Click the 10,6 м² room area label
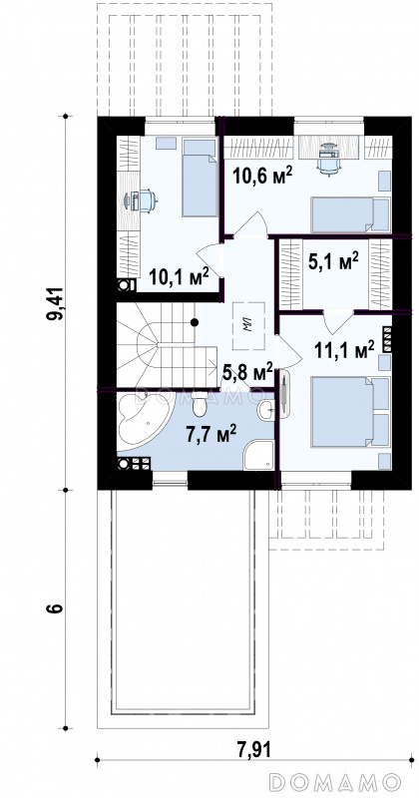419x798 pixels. pos(262,176)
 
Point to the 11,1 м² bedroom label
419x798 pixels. pos(344,350)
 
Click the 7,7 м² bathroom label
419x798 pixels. pos(210,435)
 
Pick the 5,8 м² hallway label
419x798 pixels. pos(248,373)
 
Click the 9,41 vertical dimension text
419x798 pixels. pos(55,303)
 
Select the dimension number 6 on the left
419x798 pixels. pos(56,608)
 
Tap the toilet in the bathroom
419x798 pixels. pos(200,404)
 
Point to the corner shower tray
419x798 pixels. pos(258,455)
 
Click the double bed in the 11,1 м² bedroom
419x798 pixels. pos(350,412)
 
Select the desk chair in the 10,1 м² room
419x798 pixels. pos(147,200)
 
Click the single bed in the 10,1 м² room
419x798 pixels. pos(200,178)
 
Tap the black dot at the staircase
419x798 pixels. pos(194,321)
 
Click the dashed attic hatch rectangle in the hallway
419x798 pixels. pos(249,326)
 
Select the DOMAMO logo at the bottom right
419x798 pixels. pos(334,781)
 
